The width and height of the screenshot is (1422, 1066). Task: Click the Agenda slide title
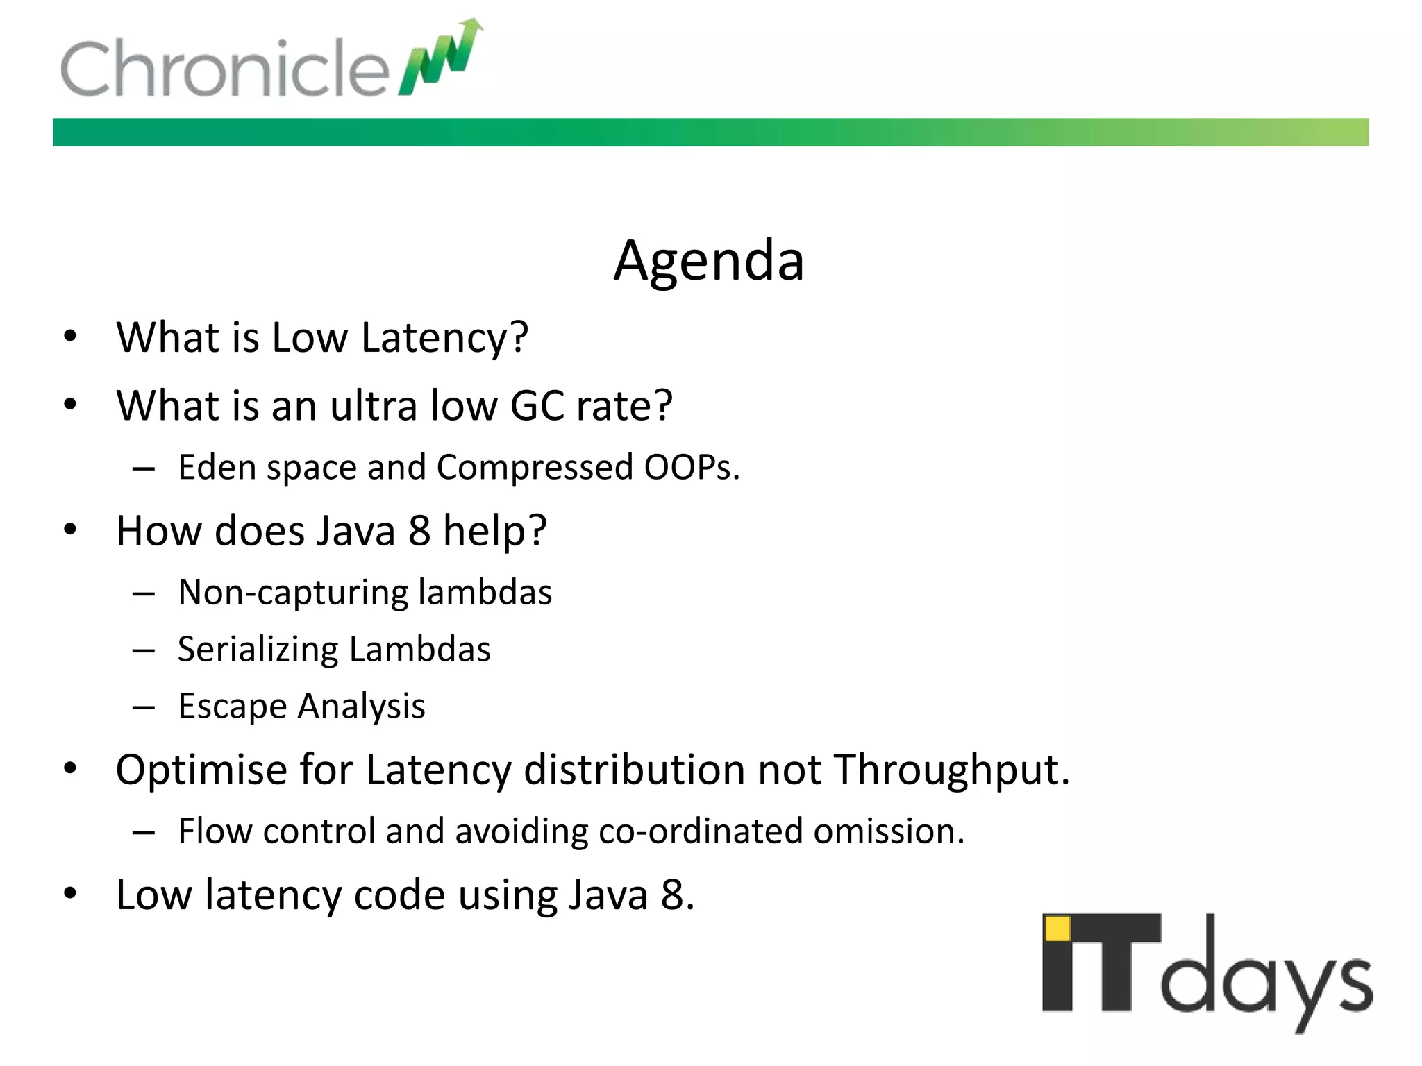[x=709, y=261]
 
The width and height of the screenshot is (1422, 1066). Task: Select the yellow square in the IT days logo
[x=1057, y=929]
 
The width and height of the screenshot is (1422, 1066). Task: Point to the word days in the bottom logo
[x=1266, y=975]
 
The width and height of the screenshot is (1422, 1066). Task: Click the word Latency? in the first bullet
[x=444, y=338]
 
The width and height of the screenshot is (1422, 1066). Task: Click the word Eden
[x=217, y=467]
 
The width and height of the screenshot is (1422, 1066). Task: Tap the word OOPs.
[x=692, y=467]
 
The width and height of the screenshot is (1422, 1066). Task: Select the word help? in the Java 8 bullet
[x=495, y=531]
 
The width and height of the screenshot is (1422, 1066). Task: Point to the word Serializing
[x=258, y=650]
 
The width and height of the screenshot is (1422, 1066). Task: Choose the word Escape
[x=232, y=707]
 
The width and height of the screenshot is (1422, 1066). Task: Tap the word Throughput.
[x=952, y=770]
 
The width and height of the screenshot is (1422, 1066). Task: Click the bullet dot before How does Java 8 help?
[x=70, y=530]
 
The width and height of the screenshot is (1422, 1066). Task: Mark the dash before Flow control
[x=144, y=832]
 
